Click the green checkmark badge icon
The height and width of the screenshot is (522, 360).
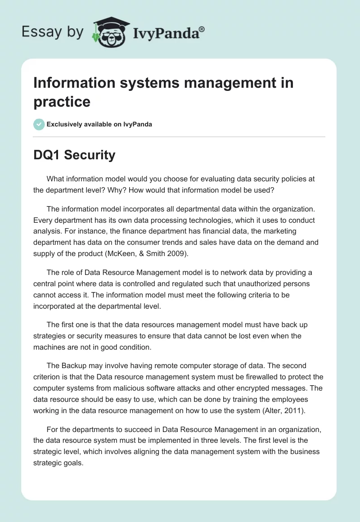pyautogui.click(x=39, y=124)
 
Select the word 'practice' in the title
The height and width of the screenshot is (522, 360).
pyautogui.click(x=62, y=101)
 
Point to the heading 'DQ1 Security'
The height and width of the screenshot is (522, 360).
pyautogui.click(x=74, y=155)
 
